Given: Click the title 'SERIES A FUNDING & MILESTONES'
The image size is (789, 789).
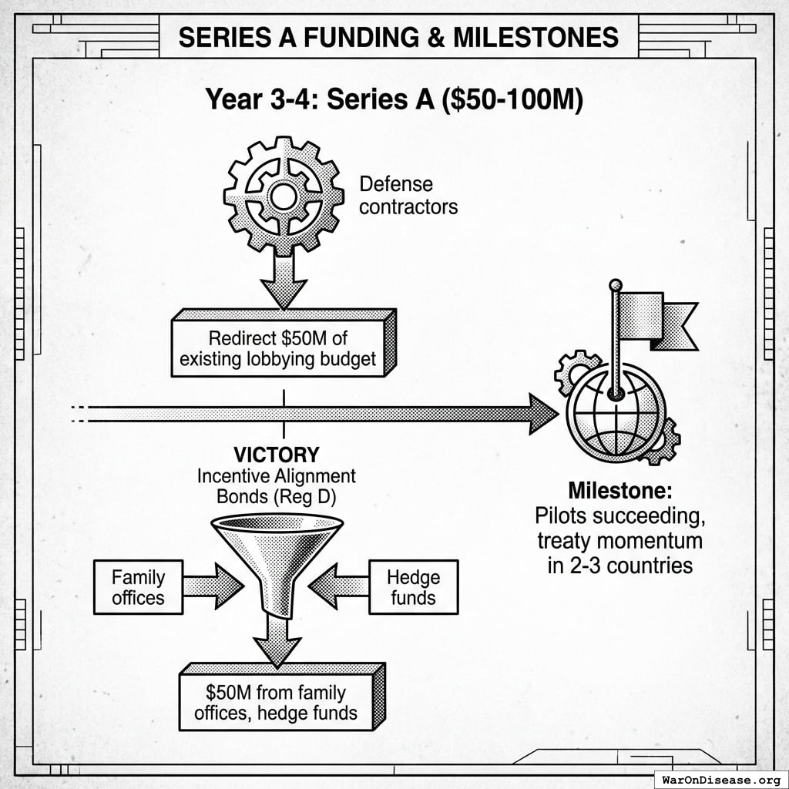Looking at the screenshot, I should pyautogui.click(x=398, y=37).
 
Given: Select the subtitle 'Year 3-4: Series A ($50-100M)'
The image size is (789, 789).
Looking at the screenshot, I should pyautogui.click(x=394, y=100).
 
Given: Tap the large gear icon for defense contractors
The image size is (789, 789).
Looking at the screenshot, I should pyautogui.click(x=284, y=196).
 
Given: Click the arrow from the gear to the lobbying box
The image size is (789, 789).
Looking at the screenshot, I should pyautogui.click(x=284, y=283).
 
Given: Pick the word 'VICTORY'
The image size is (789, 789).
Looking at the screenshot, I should pyautogui.click(x=277, y=455).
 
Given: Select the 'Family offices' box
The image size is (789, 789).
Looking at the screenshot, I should pyautogui.click(x=139, y=587).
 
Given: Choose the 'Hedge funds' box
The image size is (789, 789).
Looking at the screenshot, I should pyautogui.click(x=413, y=587).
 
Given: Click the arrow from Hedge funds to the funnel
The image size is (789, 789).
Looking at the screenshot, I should pyautogui.click(x=339, y=586).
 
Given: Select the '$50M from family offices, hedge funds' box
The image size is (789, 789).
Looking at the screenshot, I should pyautogui.click(x=276, y=703).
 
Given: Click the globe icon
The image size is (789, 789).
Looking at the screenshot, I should pyautogui.click(x=616, y=412).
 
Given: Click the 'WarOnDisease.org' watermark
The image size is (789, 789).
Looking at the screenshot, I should pyautogui.click(x=720, y=779).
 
